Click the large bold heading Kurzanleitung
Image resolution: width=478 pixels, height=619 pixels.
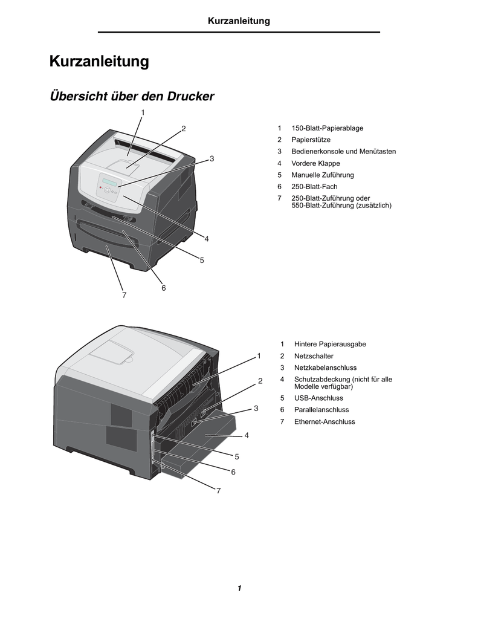pyautogui.click(x=99, y=62)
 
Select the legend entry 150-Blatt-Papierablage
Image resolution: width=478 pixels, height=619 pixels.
pyautogui.click(x=327, y=128)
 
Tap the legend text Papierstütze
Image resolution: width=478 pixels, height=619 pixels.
pyautogui.click(x=311, y=140)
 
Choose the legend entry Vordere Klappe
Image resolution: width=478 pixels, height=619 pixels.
pyautogui.click(x=315, y=163)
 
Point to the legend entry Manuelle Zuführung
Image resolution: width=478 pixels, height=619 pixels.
pyautogui.click(x=323, y=175)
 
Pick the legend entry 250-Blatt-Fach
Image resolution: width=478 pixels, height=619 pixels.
pyautogui.click(x=314, y=186)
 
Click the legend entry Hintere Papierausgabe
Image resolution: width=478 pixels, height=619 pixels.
pyautogui.click(x=330, y=344)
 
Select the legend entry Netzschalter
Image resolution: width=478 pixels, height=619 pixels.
pyautogui.click(x=314, y=356)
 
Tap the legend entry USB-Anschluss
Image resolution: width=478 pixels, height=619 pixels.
pyautogui.click(x=318, y=398)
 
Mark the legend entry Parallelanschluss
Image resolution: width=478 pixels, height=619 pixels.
pyautogui.click(x=321, y=410)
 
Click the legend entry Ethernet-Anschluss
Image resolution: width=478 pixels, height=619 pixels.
pyautogui.click(x=325, y=421)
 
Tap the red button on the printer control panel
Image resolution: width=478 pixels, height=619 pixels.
pyautogui.click(x=101, y=188)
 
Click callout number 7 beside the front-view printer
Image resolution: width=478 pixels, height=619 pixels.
pyautogui.click(x=124, y=295)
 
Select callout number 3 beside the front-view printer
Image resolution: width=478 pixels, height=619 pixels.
pyautogui.click(x=212, y=159)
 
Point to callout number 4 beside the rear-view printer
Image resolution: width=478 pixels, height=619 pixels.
pyautogui.click(x=247, y=435)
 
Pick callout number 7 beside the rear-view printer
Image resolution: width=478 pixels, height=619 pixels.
pyautogui.click(x=218, y=491)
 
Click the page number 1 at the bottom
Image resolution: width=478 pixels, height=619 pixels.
pyautogui.click(x=239, y=588)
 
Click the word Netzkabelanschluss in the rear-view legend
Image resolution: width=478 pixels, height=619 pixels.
pyautogui.click(x=325, y=368)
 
